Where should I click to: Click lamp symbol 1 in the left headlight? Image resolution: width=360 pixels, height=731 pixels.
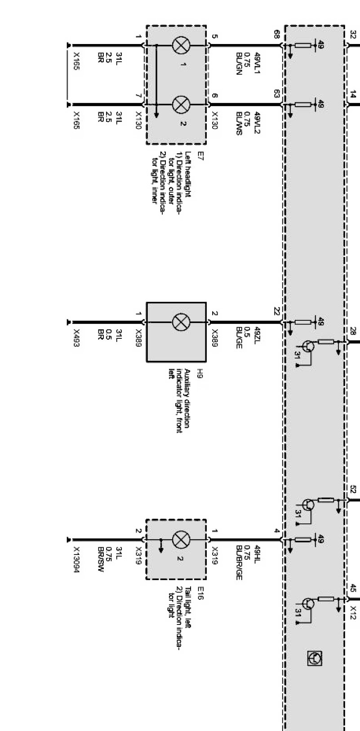(x=182, y=46)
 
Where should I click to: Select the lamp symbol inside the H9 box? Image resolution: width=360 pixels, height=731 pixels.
(x=182, y=322)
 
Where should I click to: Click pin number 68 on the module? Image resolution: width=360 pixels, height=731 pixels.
(x=277, y=34)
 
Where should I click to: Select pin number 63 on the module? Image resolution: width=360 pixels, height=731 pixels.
(x=277, y=93)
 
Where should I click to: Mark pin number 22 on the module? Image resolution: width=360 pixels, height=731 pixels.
(x=277, y=311)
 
